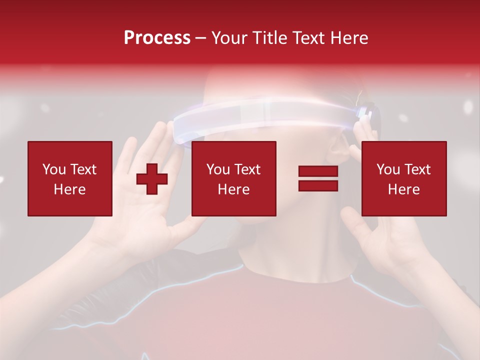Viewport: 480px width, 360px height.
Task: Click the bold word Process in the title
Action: (x=157, y=38)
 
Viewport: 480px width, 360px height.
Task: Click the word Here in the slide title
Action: (x=348, y=38)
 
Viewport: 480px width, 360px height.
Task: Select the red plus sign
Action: (x=152, y=179)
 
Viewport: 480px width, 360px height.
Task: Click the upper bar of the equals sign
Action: (x=318, y=171)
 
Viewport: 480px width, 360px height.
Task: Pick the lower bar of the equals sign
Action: (x=318, y=186)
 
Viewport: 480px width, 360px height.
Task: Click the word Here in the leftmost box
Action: (x=70, y=189)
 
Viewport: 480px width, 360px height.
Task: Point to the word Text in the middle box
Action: (x=247, y=169)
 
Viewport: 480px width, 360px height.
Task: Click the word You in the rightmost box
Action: (x=388, y=169)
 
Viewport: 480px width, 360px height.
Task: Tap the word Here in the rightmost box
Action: (x=404, y=189)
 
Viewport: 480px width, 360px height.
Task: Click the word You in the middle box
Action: (x=218, y=169)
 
